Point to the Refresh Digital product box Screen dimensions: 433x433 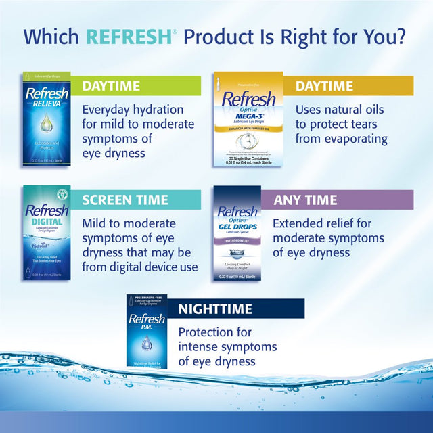tap(46, 233)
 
